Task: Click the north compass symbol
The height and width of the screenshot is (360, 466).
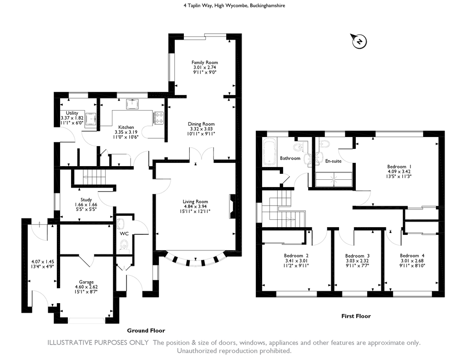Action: click(x=360, y=41)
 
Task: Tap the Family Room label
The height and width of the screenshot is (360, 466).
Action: click(x=204, y=62)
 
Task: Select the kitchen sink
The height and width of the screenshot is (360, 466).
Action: click(x=132, y=104)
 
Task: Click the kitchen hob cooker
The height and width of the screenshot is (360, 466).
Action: click(x=159, y=118)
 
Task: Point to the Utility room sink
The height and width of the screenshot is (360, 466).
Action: click(x=91, y=119)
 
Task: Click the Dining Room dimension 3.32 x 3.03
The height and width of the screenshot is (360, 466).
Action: click(x=202, y=129)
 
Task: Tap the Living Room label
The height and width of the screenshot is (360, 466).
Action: click(x=195, y=202)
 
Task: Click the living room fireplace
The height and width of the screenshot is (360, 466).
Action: click(x=232, y=207)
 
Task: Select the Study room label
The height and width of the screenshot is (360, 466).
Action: click(x=86, y=200)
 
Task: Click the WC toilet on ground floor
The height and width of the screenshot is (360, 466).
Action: click(x=124, y=247)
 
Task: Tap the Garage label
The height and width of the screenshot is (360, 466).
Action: click(x=86, y=282)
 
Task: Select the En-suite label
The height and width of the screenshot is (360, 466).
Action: click(x=334, y=161)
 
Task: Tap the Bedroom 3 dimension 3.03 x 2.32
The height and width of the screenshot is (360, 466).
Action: click(x=357, y=261)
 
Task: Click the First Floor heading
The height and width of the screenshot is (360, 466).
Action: click(x=356, y=316)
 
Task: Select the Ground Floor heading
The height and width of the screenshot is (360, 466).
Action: click(x=146, y=330)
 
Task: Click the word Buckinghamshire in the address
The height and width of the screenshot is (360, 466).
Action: click(x=267, y=5)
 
